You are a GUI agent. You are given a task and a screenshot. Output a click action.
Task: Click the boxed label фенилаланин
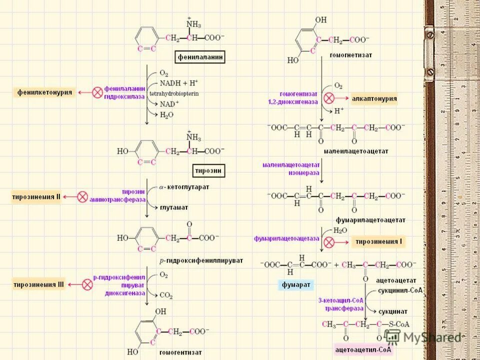pos(200,57)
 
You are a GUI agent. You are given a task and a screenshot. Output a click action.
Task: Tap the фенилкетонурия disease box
pos(45,92)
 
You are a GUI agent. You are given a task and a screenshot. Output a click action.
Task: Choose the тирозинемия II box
pos(36,197)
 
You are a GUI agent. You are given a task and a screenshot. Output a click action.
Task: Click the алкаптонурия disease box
pos(374,98)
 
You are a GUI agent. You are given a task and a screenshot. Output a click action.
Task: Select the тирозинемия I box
pos(378,242)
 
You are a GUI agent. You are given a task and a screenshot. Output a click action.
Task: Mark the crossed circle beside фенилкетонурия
pos(97,92)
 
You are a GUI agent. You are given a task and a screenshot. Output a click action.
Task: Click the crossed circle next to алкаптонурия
pos(329,98)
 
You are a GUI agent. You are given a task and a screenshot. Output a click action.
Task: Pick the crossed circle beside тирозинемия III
pos(87,285)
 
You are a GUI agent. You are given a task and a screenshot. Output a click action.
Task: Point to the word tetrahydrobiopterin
pos(173,93)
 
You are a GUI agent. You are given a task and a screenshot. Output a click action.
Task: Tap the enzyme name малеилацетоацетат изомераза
pos(291,167)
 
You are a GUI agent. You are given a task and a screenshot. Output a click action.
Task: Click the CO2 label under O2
pos(166,296)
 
